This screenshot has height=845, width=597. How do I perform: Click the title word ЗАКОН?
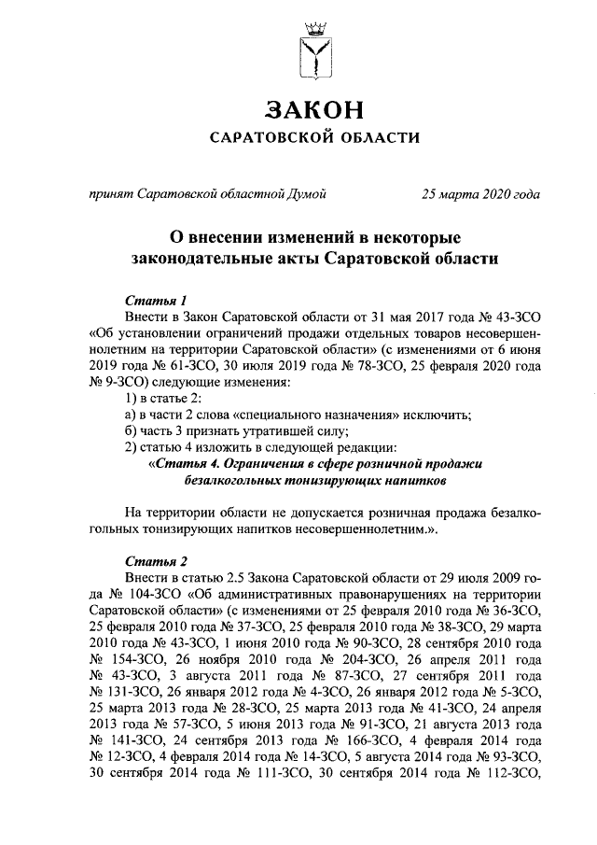point(313,111)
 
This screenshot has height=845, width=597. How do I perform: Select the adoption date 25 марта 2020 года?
point(480,194)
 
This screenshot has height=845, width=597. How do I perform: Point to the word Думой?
point(307,194)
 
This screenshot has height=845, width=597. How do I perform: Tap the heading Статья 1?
point(156,300)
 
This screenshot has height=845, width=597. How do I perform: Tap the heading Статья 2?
point(156,561)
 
